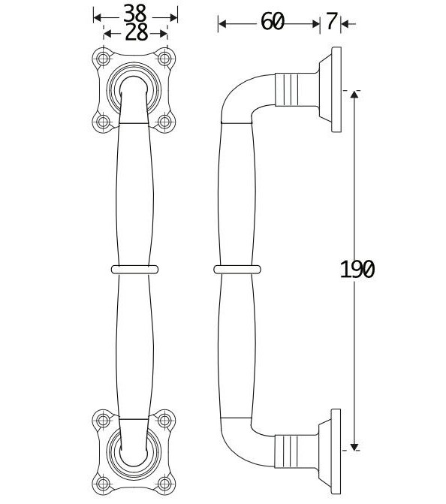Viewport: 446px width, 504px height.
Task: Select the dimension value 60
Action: [x=273, y=23]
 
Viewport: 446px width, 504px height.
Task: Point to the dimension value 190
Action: [x=356, y=269]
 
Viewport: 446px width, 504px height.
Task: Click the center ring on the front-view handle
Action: [x=135, y=268]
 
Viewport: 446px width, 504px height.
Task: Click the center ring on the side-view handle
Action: [x=237, y=268]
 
